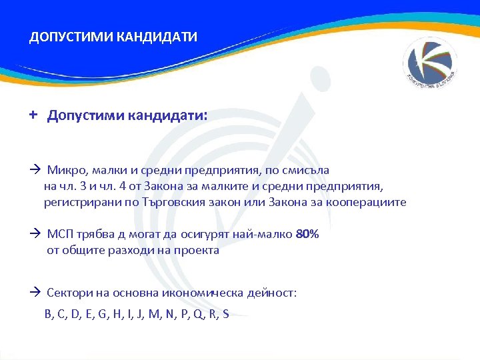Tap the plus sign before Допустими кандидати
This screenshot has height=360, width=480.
[x=33, y=115]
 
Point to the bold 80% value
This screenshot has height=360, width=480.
[x=307, y=235]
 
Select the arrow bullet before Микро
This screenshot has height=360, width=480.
[x=35, y=171]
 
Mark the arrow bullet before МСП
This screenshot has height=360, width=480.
[x=35, y=235]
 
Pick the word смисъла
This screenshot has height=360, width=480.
[x=305, y=171]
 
